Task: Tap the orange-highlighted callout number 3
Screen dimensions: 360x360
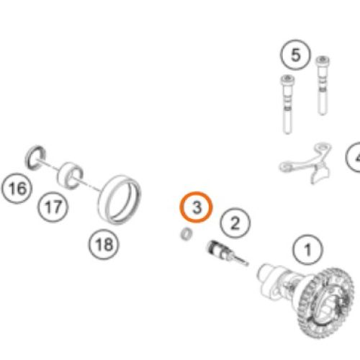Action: [196, 208]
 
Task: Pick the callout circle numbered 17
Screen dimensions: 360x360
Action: [52, 208]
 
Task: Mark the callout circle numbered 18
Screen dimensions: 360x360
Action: [104, 244]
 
